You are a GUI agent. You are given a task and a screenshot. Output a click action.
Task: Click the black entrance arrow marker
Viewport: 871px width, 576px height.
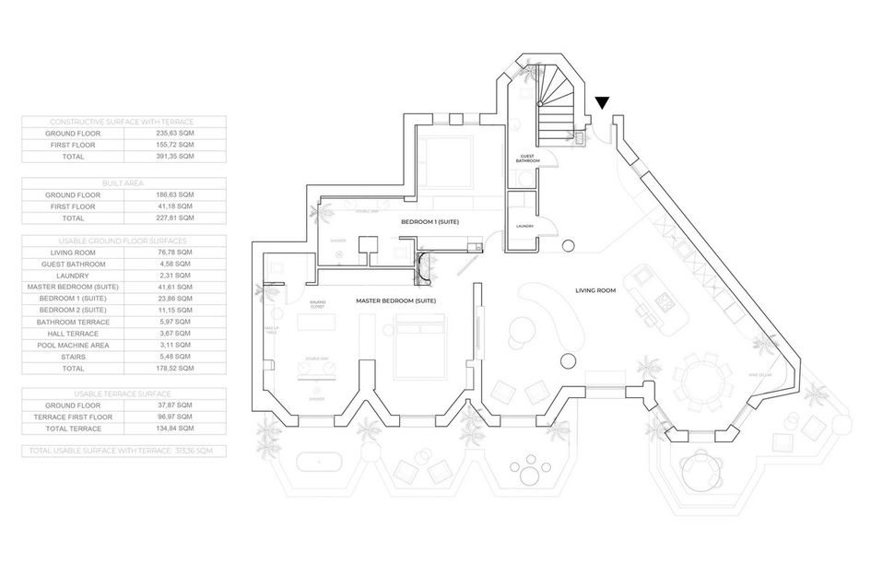(603, 103)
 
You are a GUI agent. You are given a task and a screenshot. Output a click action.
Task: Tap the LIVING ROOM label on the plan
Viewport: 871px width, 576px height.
(595, 289)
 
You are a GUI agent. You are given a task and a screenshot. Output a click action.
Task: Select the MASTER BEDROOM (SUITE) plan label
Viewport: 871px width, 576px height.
(396, 301)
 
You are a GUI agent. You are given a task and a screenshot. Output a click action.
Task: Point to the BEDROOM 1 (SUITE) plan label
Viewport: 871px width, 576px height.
(430, 223)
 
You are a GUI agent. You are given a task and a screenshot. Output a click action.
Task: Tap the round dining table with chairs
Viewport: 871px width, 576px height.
(703, 382)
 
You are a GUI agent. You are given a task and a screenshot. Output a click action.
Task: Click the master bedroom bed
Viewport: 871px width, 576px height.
(421, 347)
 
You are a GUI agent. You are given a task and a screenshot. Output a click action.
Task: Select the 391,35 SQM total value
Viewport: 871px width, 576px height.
(174, 157)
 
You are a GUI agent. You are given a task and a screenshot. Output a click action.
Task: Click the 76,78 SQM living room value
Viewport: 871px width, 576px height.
(174, 252)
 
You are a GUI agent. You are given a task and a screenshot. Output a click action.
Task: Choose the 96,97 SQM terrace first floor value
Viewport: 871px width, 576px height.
(174, 417)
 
